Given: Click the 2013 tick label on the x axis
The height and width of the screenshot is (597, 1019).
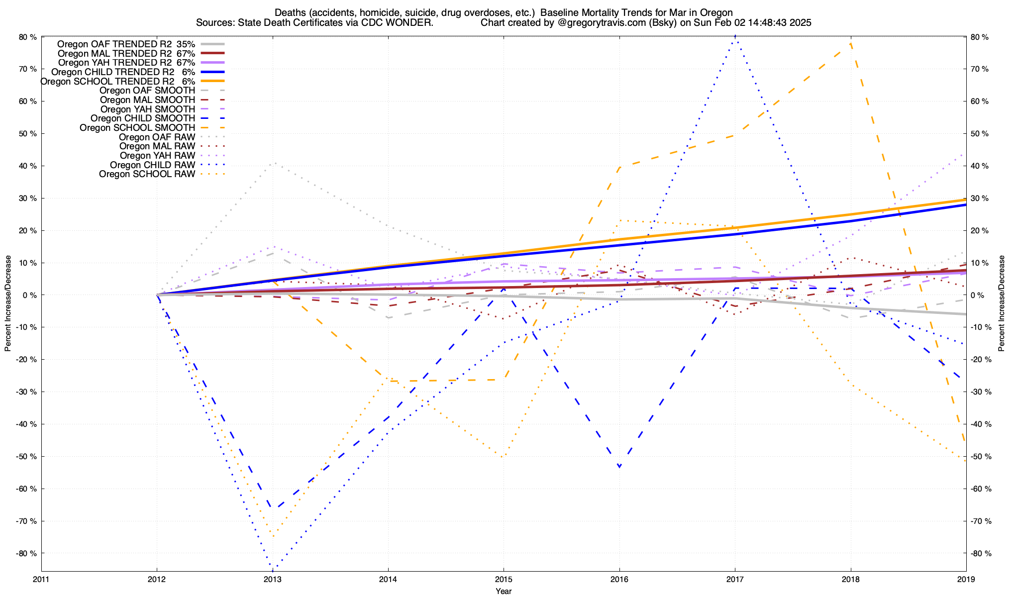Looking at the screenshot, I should tap(272, 579).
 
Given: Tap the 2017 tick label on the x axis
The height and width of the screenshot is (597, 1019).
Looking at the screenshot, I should tap(735, 579).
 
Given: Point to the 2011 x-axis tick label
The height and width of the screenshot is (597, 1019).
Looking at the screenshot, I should tap(41, 579).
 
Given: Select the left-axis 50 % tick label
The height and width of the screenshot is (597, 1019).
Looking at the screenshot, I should tap(28, 134).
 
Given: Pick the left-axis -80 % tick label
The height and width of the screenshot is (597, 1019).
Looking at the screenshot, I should tap(27, 553).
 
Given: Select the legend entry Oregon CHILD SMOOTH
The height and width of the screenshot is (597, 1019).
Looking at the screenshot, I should tap(143, 118).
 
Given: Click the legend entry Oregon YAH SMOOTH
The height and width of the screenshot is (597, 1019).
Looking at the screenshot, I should tap(147, 109).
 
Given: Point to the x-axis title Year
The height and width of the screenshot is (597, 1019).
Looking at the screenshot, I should tap(504, 591).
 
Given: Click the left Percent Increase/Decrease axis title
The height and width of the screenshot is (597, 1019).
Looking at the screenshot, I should tap(8, 303).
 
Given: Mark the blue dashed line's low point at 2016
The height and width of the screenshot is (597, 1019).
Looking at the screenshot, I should tap(619, 467).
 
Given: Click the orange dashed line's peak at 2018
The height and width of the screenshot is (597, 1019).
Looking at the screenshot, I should tap(851, 43).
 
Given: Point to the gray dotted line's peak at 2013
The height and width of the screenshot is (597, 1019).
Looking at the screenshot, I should tap(273, 163).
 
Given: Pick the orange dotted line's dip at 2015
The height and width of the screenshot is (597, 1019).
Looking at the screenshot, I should tap(503, 456).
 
